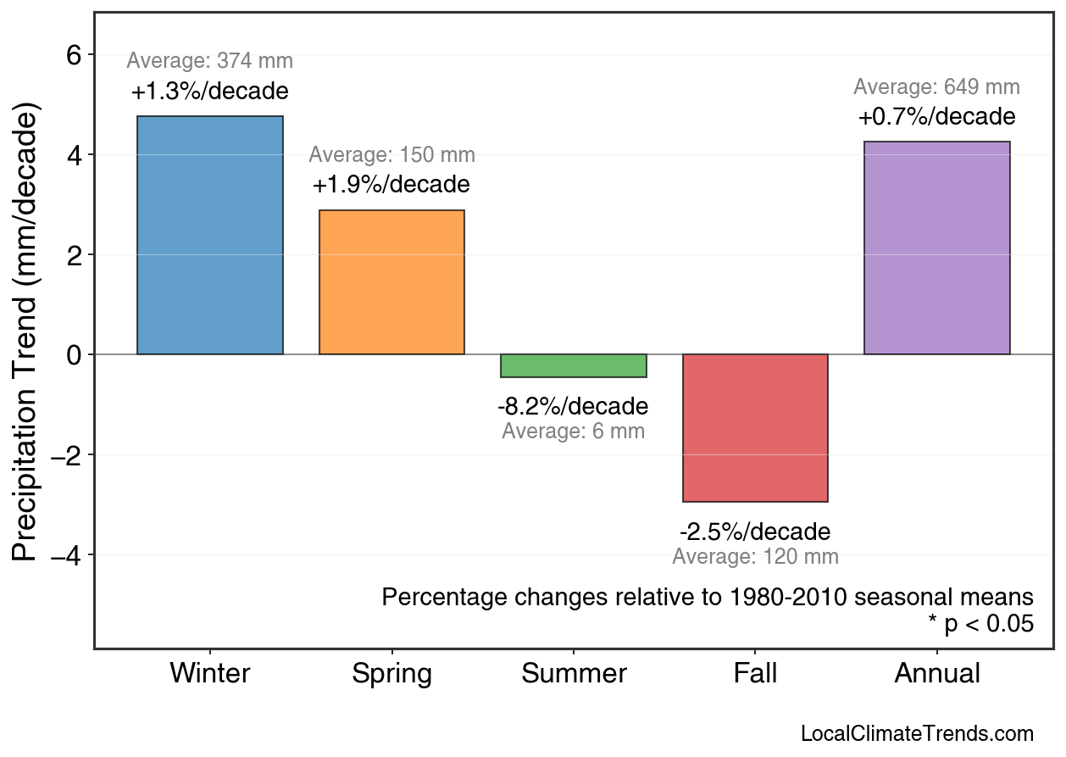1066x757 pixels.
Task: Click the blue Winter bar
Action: (210, 235)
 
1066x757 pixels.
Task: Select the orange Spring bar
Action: (391, 282)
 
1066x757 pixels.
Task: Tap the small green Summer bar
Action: (574, 366)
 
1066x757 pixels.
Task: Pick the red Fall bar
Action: (755, 428)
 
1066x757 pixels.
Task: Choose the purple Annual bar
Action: (936, 248)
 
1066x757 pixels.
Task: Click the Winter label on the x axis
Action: (210, 674)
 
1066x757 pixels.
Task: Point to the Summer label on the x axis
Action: (574, 674)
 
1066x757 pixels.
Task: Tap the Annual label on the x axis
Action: (936, 674)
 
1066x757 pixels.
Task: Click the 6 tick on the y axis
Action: (74, 55)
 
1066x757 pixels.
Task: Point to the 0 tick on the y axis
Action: (74, 354)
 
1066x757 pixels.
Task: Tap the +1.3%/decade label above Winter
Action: (210, 92)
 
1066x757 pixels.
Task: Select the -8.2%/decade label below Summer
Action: (573, 406)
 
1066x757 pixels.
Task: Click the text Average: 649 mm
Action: (936, 87)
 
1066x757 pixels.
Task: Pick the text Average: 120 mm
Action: (755, 557)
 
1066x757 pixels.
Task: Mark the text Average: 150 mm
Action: (391, 155)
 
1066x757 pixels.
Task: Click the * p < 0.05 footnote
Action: (980, 625)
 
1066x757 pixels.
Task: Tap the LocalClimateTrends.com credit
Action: (917, 734)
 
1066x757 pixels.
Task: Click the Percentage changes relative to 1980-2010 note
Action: (708, 597)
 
